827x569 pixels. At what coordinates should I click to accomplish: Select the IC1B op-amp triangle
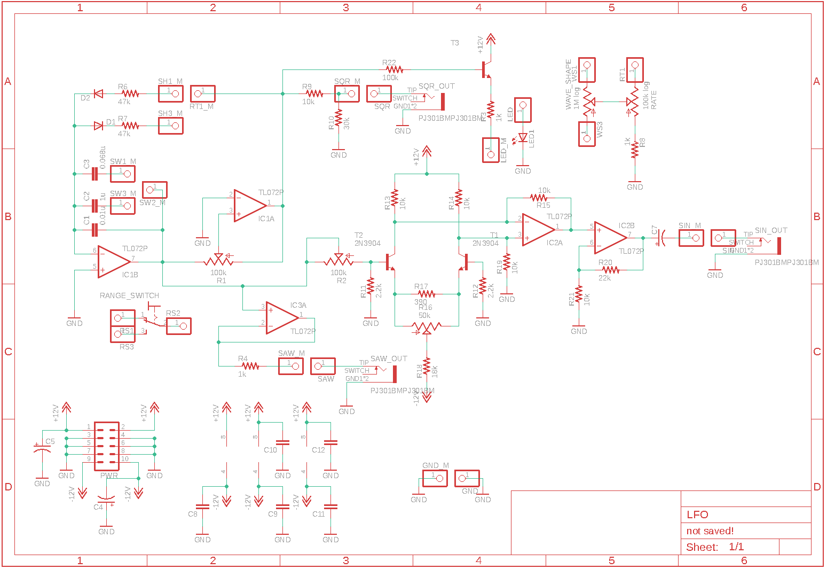point(113,262)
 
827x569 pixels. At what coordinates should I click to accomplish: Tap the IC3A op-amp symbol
point(281,318)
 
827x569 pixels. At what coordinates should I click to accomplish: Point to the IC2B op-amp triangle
point(610,238)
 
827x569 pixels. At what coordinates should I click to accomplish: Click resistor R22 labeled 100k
point(394,69)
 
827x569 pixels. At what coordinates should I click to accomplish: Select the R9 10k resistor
point(314,93)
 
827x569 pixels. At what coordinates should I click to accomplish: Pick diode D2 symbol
point(98,93)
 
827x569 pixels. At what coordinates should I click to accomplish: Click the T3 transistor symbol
point(486,69)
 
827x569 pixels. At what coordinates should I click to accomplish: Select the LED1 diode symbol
point(523,138)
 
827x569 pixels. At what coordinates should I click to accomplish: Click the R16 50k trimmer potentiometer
point(426,326)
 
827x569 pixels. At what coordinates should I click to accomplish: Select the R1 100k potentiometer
point(218,262)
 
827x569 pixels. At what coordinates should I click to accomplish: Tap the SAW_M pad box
point(291,366)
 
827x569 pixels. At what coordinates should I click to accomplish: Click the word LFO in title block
point(697,515)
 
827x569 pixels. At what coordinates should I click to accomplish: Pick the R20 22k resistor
point(610,270)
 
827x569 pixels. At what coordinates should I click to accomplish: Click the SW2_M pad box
point(155,190)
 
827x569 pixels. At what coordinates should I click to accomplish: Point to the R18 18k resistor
point(427,367)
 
